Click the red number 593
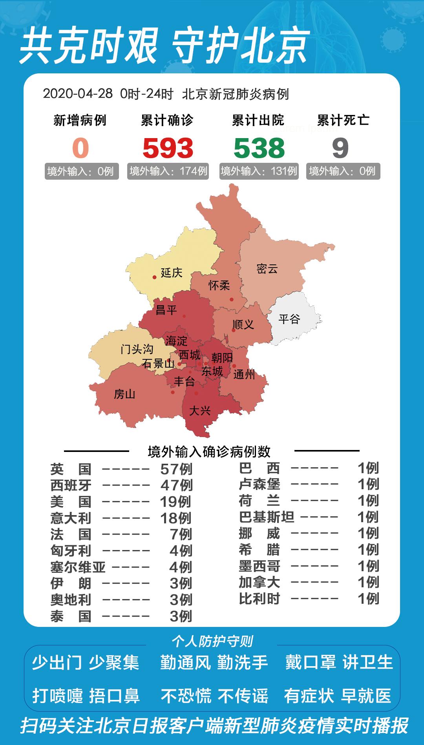(x=168, y=148)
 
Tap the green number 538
(x=259, y=148)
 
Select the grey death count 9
(x=340, y=148)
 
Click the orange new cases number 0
(x=80, y=148)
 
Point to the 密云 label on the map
(x=267, y=269)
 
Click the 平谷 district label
(x=289, y=319)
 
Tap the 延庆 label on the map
(x=172, y=272)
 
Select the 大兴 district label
(x=200, y=410)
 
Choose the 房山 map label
(x=124, y=393)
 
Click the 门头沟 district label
(x=137, y=349)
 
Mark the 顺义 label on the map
(x=243, y=324)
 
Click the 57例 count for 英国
(x=176, y=469)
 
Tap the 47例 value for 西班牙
(x=176, y=485)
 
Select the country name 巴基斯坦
(x=267, y=517)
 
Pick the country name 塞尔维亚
(x=78, y=567)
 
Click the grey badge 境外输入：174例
(x=168, y=171)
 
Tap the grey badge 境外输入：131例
(x=259, y=171)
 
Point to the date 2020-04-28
(x=78, y=94)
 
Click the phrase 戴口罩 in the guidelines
(x=311, y=663)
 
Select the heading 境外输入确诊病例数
(x=209, y=452)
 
